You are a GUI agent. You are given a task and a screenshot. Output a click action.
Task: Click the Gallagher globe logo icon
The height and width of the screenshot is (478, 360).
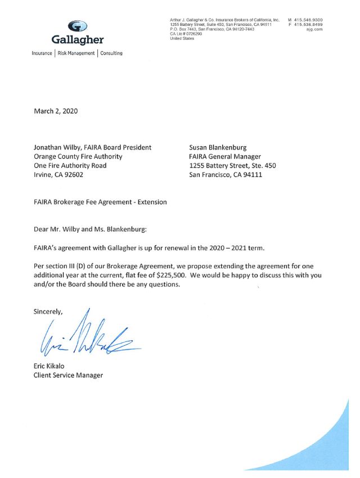click(x=78, y=26)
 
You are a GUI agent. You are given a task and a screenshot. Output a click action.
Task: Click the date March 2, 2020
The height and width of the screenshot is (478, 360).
click(x=56, y=111)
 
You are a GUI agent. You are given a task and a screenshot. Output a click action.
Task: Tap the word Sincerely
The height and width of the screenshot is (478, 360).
click(x=48, y=311)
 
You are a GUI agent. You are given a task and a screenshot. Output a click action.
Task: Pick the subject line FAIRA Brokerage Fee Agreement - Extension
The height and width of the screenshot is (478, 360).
click(x=100, y=202)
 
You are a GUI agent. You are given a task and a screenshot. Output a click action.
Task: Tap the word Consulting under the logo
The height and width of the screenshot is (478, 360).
click(x=111, y=53)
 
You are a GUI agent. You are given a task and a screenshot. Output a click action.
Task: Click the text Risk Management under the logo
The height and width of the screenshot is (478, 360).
click(x=76, y=53)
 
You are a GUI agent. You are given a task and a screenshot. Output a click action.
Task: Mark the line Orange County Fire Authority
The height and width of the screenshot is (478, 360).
click(x=78, y=156)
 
